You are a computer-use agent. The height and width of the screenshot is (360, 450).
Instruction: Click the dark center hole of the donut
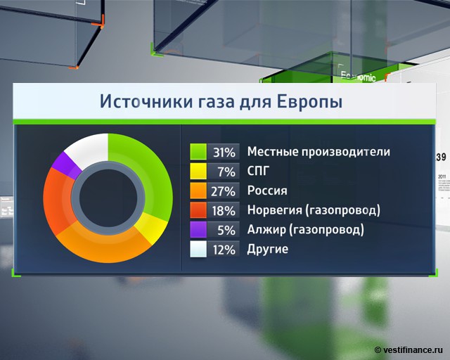point(108,198)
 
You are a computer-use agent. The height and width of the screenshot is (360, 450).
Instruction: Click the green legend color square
point(198,152)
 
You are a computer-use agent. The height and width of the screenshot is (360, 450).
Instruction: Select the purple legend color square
point(198,230)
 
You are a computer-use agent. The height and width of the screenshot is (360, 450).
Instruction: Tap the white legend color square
point(198,249)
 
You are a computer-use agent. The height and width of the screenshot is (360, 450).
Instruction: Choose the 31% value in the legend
point(224,153)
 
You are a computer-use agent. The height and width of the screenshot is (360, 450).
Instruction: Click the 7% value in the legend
point(226,172)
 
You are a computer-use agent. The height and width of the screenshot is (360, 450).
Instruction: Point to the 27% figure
point(224,191)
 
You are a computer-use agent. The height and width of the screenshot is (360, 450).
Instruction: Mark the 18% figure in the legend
point(224,211)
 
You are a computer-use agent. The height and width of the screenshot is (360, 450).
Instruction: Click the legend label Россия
point(267,191)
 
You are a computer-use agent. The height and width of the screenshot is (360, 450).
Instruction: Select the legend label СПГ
point(258,171)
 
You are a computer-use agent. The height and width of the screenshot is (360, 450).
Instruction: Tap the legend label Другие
point(268,249)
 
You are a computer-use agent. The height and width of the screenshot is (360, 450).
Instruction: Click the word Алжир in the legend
point(266,229)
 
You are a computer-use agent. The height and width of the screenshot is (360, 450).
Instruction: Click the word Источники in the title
point(146,101)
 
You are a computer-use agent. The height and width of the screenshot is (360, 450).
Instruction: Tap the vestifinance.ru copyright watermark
point(409,350)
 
